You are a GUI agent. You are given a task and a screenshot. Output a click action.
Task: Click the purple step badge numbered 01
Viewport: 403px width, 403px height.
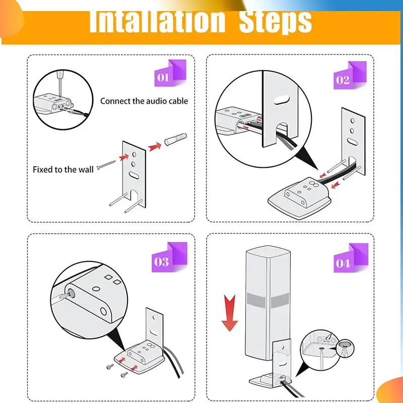tap(170, 73)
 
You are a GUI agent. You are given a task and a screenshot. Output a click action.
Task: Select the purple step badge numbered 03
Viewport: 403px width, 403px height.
tap(169, 257)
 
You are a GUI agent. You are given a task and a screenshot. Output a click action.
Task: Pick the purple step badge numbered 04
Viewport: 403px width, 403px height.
tap(351, 258)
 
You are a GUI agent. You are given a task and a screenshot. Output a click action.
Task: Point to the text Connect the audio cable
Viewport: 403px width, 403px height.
tap(144, 101)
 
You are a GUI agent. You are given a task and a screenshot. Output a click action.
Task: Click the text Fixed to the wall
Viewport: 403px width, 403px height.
tap(63, 170)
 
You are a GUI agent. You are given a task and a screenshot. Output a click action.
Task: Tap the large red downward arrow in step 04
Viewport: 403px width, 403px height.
tap(230, 313)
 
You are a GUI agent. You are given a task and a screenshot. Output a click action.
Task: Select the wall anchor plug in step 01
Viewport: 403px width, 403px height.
tap(175, 139)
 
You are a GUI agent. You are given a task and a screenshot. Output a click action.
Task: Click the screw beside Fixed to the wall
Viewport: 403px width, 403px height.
tap(106, 165)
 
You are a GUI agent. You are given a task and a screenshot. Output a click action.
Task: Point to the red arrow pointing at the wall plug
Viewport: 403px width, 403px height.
tap(155, 147)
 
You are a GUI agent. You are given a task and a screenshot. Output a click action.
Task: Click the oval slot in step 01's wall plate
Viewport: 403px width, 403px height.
tap(134, 175)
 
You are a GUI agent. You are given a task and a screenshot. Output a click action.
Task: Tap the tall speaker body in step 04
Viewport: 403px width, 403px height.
tap(267, 303)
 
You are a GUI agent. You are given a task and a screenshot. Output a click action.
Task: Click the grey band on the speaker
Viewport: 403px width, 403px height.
tap(267, 300)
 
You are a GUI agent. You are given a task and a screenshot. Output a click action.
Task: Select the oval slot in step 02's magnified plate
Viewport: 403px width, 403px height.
tap(282, 100)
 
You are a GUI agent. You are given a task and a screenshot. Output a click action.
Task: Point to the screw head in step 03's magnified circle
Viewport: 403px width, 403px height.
tap(70, 293)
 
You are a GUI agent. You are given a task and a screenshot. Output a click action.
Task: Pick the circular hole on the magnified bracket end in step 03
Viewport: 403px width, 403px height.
tap(103, 311)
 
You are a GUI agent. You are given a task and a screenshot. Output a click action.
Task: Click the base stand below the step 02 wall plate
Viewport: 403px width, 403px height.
tap(300, 197)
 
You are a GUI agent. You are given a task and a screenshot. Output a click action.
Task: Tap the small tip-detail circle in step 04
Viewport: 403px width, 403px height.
tap(346, 348)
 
